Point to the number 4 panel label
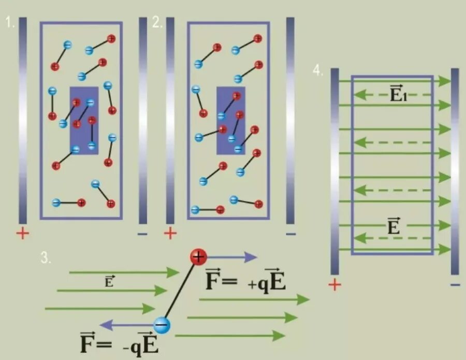[318, 71]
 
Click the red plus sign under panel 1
[22, 234]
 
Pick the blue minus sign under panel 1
[142, 234]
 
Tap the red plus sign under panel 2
[170, 234]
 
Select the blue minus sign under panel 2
[290, 234]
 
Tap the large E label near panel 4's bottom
[394, 226]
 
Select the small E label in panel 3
[109, 282]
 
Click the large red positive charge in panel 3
[198, 256]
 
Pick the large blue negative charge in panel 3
[162, 325]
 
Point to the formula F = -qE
[119, 344]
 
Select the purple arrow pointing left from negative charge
[126, 325]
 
